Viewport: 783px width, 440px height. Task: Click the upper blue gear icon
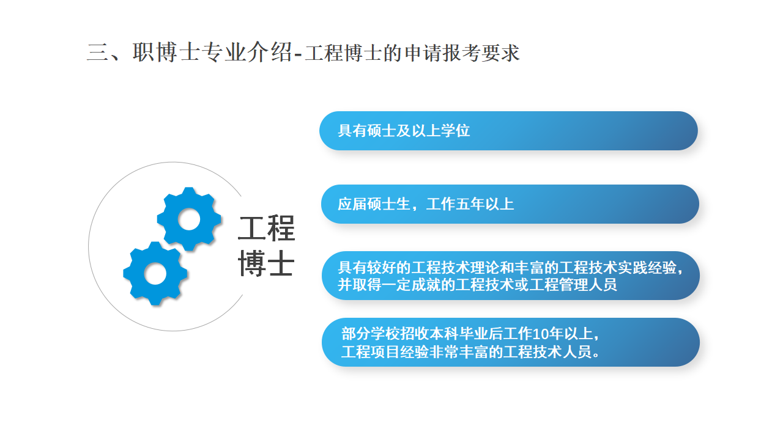click(189, 219)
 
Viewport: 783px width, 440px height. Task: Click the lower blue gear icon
click(155, 273)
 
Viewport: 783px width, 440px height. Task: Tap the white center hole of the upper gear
click(189, 219)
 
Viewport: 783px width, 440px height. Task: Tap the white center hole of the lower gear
click(155, 274)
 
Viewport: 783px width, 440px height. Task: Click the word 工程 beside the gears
click(266, 229)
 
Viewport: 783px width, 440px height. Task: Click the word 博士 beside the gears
click(266, 263)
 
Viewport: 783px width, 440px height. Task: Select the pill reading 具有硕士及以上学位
click(508, 131)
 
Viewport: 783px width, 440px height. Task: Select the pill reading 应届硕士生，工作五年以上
click(510, 204)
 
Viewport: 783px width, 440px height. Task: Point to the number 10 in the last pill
click(541, 334)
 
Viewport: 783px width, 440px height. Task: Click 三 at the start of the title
click(97, 53)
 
